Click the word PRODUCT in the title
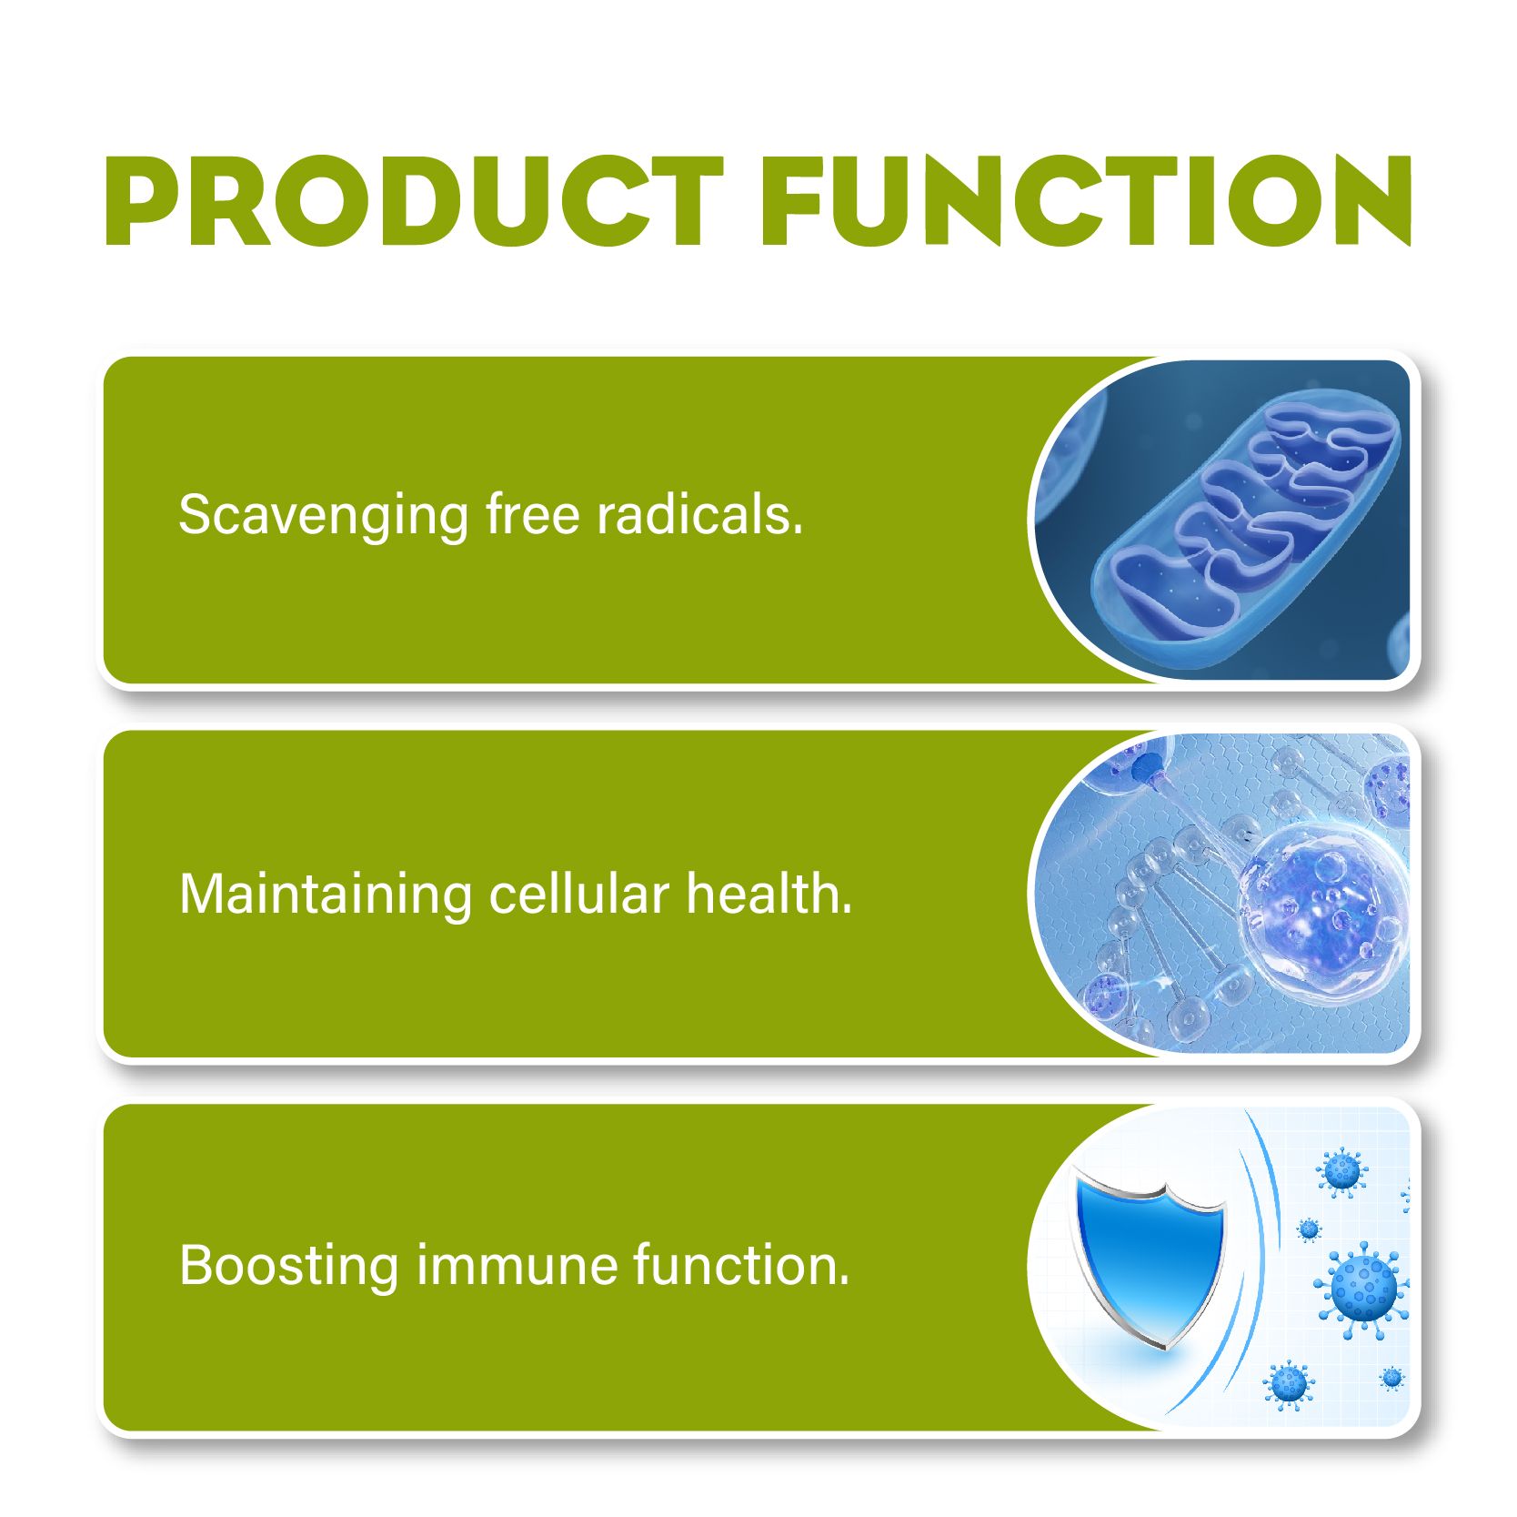point(414,201)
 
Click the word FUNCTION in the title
point(1087,201)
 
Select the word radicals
point(699,514)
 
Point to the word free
point(532,514)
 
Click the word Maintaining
point(325,895)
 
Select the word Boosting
point(288,1267)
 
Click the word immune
point(516,1265)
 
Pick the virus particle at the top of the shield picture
point(1342,1170)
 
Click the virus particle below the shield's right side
point(1289,1385)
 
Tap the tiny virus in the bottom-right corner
point(1391,1379)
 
